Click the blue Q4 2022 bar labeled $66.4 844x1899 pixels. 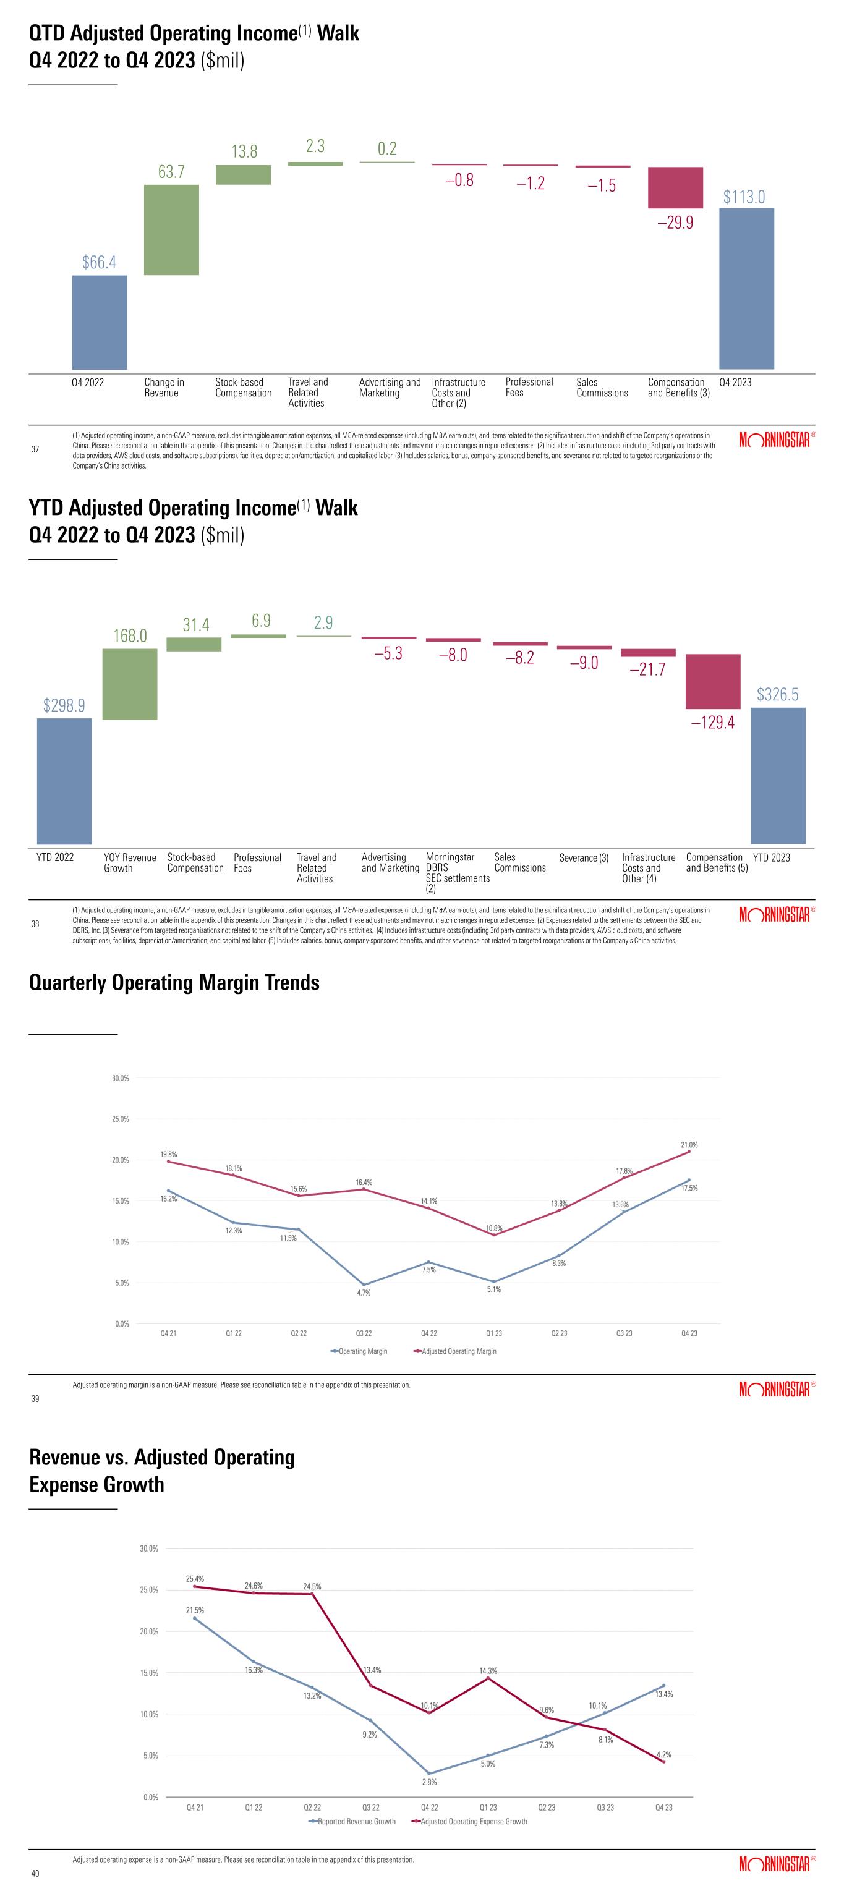pos(100,322)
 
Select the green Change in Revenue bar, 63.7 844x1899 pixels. pos(171,229)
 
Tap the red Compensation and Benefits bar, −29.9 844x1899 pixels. pos(675,187)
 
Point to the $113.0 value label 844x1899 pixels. pos(744,197)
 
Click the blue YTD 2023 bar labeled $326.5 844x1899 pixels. pos(778,776)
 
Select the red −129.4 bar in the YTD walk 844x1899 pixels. pos(713,681)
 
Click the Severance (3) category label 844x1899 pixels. pos(584,858)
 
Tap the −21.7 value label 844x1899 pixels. pos(647,669)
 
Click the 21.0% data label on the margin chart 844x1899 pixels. pos(689,1145)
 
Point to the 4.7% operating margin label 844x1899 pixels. pos(364,1293)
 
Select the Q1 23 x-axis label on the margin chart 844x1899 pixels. pos(494,1333)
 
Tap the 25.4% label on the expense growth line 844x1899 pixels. pos(195,1578)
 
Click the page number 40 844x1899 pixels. pos(35,1873)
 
